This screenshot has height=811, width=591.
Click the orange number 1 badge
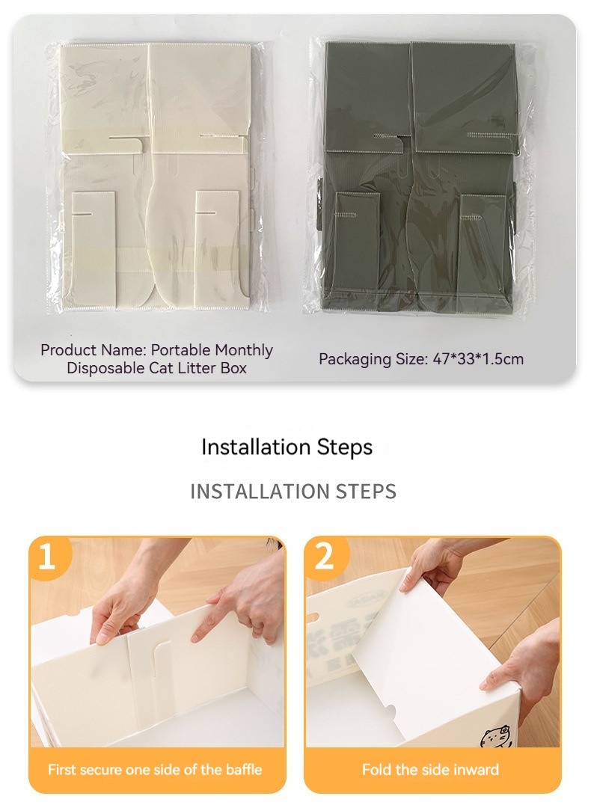(48, 557)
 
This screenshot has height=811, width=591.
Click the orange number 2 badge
(325, 557)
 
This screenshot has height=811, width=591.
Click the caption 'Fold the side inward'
(430, 770)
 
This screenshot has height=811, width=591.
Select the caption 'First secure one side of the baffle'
(155, 770)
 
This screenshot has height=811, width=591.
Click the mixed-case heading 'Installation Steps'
(287, 447)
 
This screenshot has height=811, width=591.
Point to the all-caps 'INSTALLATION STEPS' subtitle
(293, 492)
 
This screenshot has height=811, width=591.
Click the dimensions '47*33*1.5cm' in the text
(478, 359)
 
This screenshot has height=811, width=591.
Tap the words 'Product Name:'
(94, 350)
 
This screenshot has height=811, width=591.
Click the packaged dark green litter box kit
(420, 177)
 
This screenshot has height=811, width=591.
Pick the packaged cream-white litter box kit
(155, 177)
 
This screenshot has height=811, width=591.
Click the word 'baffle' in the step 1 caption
(244, 770)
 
